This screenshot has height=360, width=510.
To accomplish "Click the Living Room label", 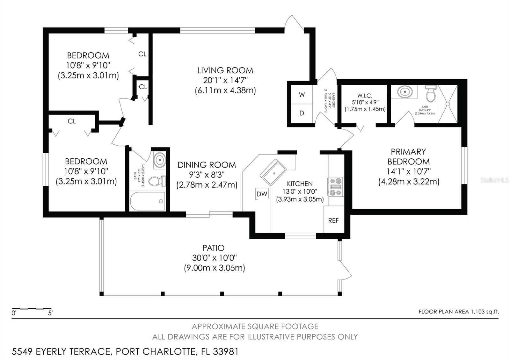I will tap(225, 70).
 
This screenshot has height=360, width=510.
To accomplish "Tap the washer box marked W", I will tap(302, 95).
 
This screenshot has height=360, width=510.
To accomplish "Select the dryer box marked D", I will tap(302, 113).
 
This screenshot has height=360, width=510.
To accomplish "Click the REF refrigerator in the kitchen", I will tap(333, 220).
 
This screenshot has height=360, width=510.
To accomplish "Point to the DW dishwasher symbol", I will tap(262, 194).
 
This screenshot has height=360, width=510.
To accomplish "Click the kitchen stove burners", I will tap(336, 187).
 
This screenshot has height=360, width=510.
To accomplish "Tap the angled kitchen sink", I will tap(273, 173).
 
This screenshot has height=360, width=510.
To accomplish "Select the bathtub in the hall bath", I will tap(147, 201).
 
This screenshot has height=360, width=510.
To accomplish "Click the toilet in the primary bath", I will tap(431, 93).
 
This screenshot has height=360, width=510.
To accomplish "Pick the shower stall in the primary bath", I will tap(448, 104).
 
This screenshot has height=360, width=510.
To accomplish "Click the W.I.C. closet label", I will tap(365, 96).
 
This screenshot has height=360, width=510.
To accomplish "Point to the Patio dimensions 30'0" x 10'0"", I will tap(214, 258).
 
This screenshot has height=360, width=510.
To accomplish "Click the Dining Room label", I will tap(207, 165).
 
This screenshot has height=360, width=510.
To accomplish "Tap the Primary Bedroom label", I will tap(408, 156).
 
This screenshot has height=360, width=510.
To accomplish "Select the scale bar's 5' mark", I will tap(50, 313).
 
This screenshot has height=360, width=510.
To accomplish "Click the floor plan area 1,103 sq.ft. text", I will tap(458, 312).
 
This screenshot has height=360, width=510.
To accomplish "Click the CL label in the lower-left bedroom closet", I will tap(72, 121).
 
